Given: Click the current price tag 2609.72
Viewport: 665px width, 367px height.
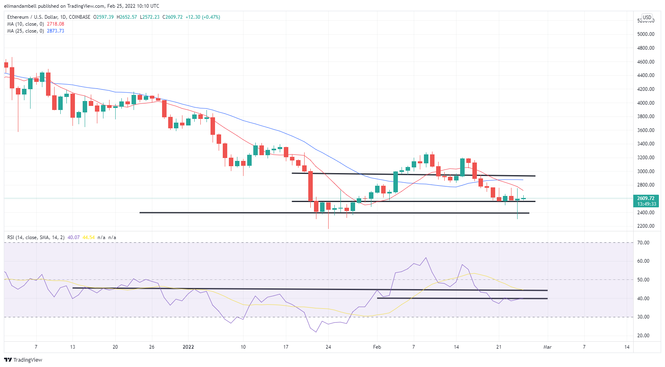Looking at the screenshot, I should pyautogui.click(x=646, y=198).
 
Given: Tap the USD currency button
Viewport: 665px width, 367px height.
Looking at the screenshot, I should pyautogui.click(x=647, y=17).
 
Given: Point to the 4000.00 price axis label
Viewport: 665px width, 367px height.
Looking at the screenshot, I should pyautogui.click(x=646, y=103).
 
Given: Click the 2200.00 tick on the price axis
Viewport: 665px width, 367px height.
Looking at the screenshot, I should pyautogui.click(x=646, y=226).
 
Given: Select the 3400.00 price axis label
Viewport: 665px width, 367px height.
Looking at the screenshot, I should pyautogui.click(x=646, y=144).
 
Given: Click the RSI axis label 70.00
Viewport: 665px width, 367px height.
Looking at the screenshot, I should pyautogui.click(x=643, y=243).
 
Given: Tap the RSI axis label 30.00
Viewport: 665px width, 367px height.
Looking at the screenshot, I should pyautogui.click(x=643, y=317).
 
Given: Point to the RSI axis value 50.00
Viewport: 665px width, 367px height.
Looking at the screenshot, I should pyautogui.click(x=643, y=280).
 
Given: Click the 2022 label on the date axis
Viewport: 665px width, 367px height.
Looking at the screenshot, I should pyautogui.click(x=188, y=347).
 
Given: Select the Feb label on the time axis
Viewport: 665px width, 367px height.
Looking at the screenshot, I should pyautogui.click(x=377, y=347).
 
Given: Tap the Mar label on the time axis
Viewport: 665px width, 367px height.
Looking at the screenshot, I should pyautogui.click(x=547, y=347).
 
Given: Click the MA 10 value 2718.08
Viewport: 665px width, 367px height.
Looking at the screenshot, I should pyautogui.click(x=55, y=24).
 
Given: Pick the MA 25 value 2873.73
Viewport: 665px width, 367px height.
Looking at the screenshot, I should pyautogui.click(x=55, y=31).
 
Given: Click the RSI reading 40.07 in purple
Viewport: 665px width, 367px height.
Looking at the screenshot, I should pyautogui.click(x=73, y=237).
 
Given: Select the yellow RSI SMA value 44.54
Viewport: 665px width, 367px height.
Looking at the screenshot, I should pyautogui.click(x=88, y=237).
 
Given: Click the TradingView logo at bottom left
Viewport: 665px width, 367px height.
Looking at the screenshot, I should pyautogui.click(x=23, y=360).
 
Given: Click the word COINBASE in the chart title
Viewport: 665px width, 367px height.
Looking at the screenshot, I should pyautogui.click(x=80, y=17).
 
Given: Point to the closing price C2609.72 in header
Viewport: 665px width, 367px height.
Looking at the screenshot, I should pyautogui.click(x=172, y=17).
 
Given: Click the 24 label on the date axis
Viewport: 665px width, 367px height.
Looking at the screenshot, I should pyautogui.click(x=328, y=347).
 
